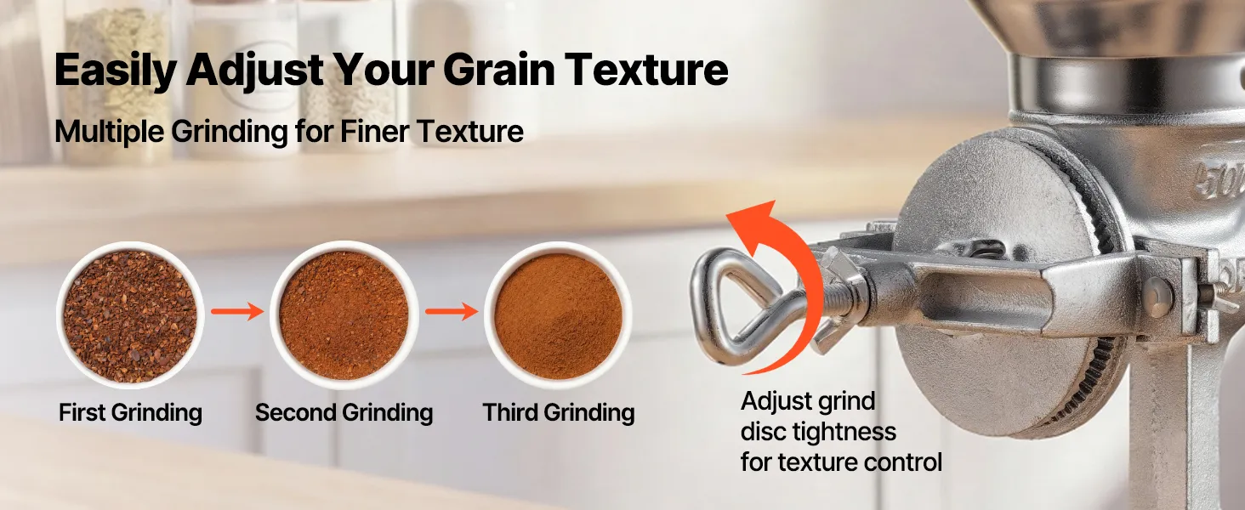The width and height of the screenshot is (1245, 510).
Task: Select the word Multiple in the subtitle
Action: (x=110, y=133)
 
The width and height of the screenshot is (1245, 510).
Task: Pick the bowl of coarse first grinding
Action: (x=130, y=315)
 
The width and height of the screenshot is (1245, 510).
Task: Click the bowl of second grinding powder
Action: (x=344, y=315)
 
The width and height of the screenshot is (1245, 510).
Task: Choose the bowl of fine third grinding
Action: (x=558, y=315)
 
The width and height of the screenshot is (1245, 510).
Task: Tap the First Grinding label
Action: (x=131, y=413)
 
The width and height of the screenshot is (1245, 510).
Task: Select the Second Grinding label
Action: (x=344, y=413)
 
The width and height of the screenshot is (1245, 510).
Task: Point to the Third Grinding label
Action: (x=559, y=413)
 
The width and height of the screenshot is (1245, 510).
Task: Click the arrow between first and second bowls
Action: (x=237, y=311)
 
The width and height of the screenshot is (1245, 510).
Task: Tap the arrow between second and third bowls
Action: (x=452, y=311)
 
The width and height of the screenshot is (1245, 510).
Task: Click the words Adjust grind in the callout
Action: (x=808, y=402)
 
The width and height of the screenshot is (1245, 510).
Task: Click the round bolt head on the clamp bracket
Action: (x=1157, y=297)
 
